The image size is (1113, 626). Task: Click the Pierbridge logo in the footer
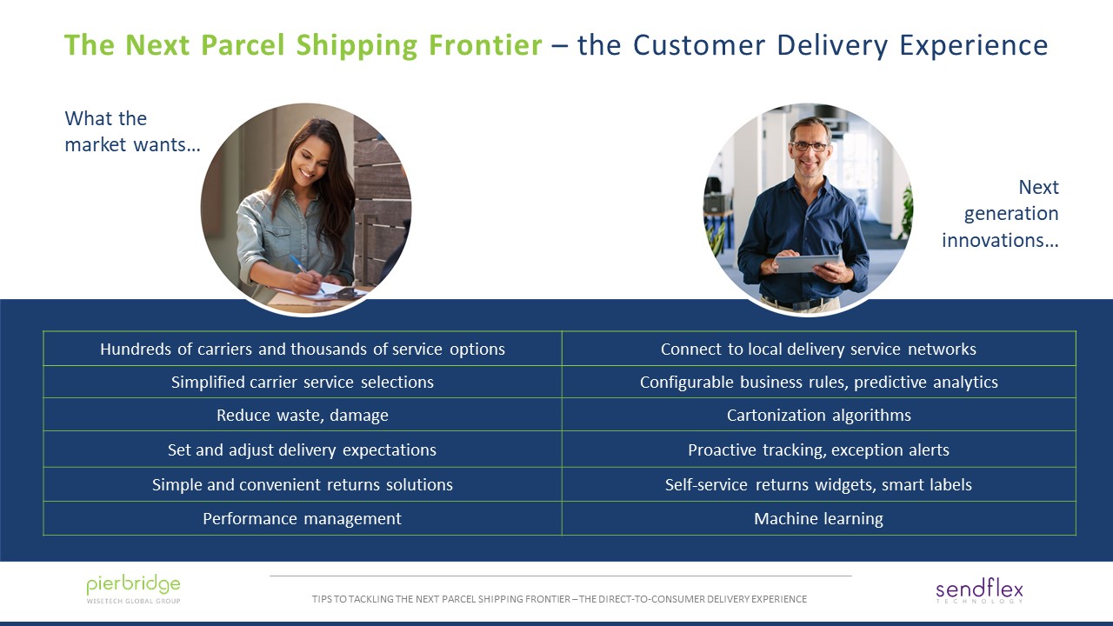133,588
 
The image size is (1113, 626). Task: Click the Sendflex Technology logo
979,591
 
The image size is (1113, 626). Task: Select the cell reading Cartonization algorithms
818,416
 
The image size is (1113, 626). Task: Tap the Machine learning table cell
818,519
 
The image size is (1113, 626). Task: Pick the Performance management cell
302,519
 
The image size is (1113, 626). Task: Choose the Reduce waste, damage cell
302,416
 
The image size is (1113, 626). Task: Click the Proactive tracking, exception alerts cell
818,450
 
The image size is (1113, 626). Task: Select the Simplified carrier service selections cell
302,383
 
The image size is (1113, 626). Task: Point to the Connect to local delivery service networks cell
818,350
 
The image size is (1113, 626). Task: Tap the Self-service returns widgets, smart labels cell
818,485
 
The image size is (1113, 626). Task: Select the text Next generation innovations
1001,214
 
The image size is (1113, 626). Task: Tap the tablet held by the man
808,263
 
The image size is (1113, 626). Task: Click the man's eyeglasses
809,147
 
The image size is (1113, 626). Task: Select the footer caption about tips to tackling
559,599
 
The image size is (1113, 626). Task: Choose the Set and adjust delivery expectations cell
302,450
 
